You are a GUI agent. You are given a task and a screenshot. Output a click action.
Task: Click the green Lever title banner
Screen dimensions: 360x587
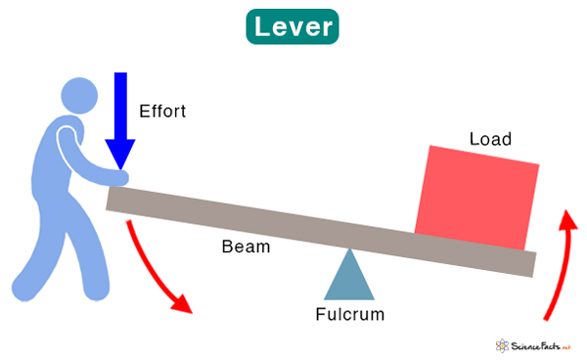click(293, 26)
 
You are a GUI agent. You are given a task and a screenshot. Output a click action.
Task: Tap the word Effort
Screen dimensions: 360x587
click(162, 111)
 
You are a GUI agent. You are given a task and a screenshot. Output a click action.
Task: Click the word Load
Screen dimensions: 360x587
click(490, 140)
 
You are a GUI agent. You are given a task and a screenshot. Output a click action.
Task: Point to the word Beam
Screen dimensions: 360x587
click(245, 247)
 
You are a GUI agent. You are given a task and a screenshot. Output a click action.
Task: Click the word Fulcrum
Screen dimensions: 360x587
click(349, 314)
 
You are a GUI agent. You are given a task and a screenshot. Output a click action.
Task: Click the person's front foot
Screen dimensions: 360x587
click(98, 292)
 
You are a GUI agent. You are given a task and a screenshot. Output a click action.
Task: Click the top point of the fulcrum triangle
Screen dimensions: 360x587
click(349, 250)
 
